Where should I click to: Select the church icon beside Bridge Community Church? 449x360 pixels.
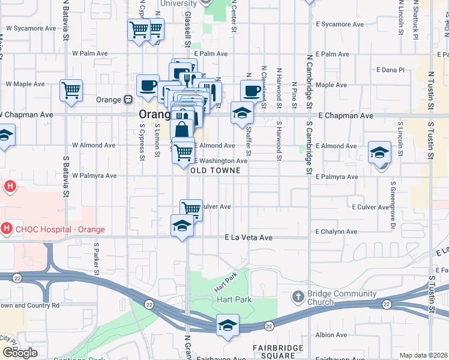pyautogui.click(x=298, y=296)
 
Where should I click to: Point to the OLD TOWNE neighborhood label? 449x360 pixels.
pyautogui.click(x=215, y=170)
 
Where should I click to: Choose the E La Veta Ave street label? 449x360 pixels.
pyautogui.click(x=249, y=238)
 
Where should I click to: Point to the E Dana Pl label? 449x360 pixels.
pyautogui.click(x=391, y=70)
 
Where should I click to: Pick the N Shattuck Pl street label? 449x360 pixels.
pyautogui.click(x=415, y=21)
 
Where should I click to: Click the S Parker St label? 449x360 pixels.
pyautogui.click(x=95, y=256)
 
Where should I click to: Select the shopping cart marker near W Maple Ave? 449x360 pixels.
pyautogui.click(x=71, y=90)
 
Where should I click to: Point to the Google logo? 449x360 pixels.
pyautogui.click(x=20, y=353)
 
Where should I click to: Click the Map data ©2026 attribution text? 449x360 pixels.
pyautogui.click(x=424, y=355)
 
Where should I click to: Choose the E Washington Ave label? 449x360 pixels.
pyautogui.click(x=220, y=161)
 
